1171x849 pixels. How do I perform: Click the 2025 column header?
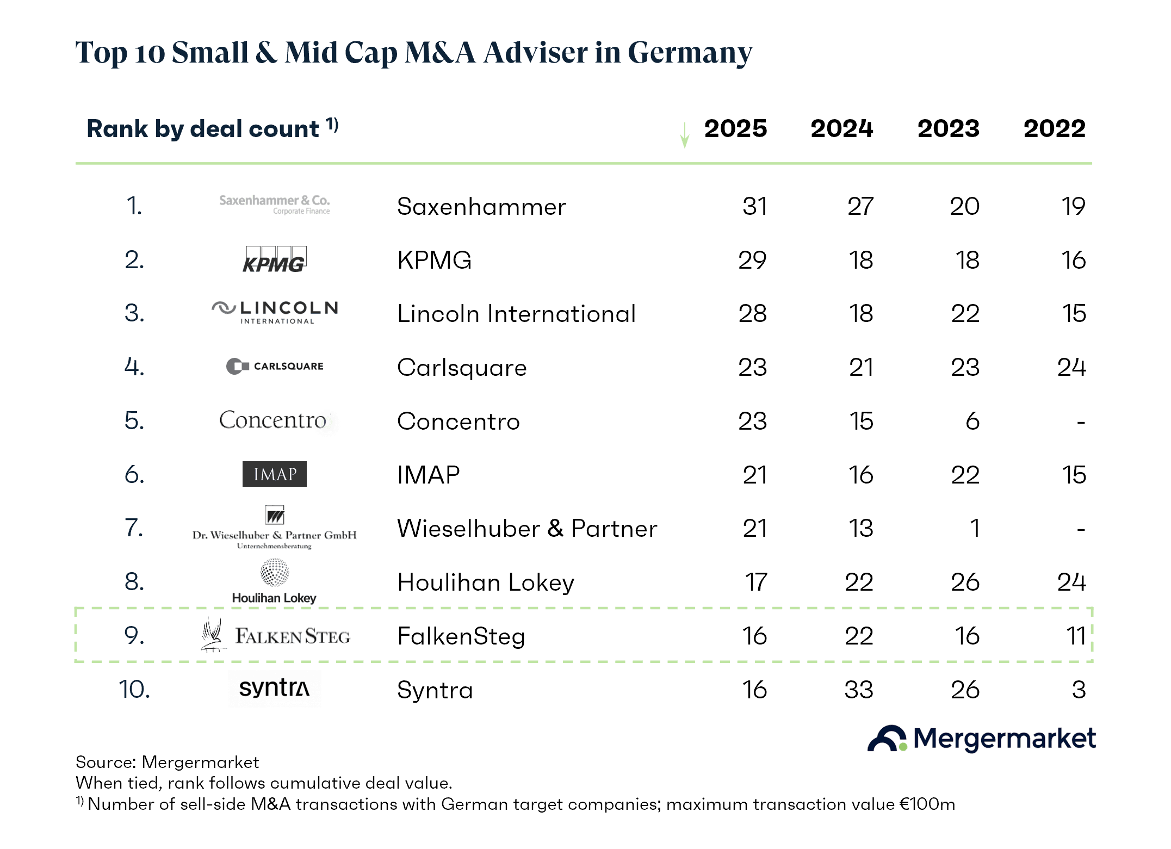point(735,129)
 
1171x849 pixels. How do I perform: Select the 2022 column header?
point(1055,129)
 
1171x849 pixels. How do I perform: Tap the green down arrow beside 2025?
point(685,135)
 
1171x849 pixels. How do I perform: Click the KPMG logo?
point(275,259)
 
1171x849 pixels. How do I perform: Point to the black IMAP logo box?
point(275,474)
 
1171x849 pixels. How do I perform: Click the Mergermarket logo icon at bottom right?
point(887,739)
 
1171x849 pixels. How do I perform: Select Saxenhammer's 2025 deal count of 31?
point(755,206)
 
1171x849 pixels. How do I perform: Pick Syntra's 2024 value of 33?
point(859,690)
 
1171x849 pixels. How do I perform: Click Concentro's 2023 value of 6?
point(972,421)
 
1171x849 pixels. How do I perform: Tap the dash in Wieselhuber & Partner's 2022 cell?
point(1081,529)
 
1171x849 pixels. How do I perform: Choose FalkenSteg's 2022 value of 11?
point(1076,636)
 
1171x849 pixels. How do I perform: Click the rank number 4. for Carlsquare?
point(134,367)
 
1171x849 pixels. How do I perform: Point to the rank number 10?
point(134,690)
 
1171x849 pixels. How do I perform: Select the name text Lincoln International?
point(516,313)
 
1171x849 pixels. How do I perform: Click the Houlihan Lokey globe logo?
point(275,572)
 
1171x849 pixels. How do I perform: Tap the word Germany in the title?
point(690,53)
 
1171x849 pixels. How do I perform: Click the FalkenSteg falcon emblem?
point(212,634)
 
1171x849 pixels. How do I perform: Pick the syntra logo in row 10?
point(275,688)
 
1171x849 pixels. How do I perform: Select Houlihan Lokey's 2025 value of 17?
point(756,582)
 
